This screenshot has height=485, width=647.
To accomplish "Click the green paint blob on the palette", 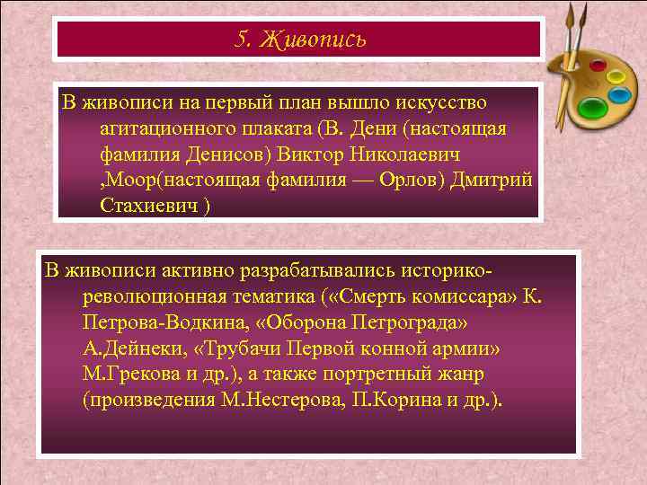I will pyautogui.click(x=592, y=109).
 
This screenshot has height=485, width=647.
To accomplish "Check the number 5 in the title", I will pyautogui.click(x=240, y=40).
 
